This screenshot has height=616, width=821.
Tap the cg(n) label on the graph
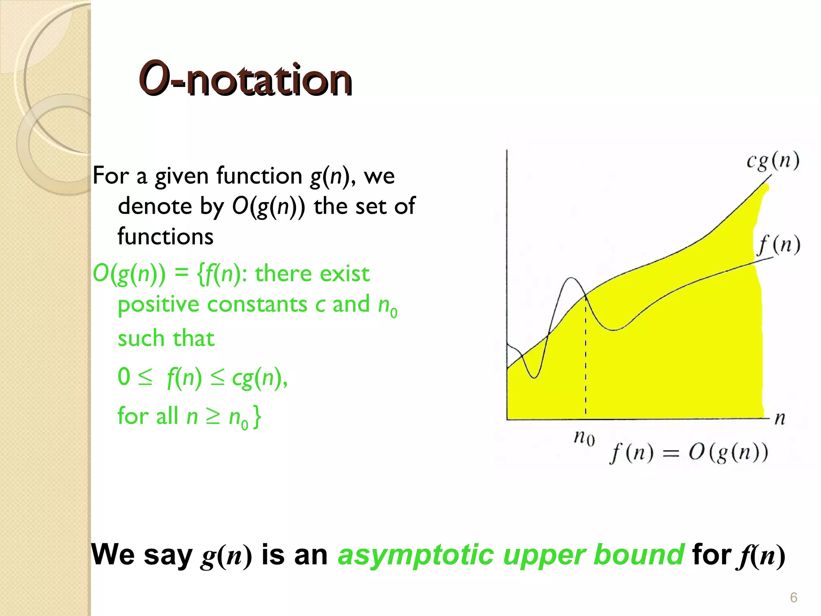772,161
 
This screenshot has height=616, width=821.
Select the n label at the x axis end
780,419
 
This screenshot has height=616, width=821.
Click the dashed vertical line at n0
585,361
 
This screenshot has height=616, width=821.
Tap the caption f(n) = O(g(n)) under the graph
688,453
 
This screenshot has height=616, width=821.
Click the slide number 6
793,598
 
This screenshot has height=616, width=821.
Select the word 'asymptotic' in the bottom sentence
415,555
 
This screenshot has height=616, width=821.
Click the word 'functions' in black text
165,236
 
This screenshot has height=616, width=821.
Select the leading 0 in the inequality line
124,377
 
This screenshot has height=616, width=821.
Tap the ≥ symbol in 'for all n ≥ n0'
213,416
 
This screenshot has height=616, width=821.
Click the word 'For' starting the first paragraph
111,176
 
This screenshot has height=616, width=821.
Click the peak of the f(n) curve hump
572,278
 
